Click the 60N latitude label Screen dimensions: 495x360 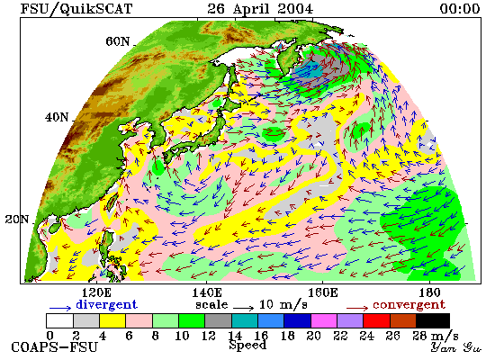coord(117,41)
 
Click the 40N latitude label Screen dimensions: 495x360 coord(57,118)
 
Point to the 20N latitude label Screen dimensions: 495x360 coord(17,220)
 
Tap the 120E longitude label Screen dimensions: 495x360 coord(97,292)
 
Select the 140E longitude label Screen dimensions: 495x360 coord(207,292)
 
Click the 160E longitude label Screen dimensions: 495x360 coord(322,292)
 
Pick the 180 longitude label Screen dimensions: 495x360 coord(429,292)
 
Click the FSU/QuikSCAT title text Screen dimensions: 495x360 coord(76,9)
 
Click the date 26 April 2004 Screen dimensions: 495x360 coord(260,8)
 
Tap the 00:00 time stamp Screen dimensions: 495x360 coord(460,8)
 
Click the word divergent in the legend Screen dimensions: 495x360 coord(107,305)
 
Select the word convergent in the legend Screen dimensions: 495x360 coord(409,305)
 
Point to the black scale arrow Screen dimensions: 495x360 coord(244,308)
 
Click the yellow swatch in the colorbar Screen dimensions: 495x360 coord(112,320)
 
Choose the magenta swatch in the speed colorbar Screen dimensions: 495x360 coord(324,320)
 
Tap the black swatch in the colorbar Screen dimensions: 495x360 coord(433,320)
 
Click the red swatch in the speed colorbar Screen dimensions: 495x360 coord(376,320)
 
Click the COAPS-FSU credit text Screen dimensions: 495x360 coord(54,347)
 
